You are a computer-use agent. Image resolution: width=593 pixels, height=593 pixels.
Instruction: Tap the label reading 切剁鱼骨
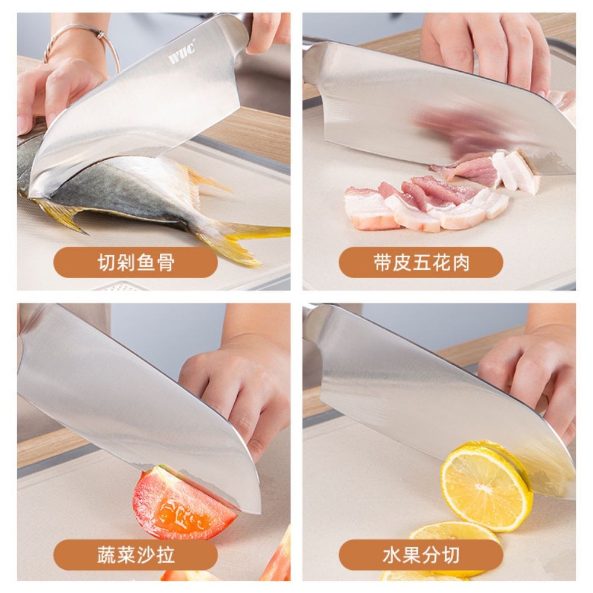click(136, 262)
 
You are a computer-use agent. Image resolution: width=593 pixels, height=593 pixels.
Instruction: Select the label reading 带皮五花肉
click(421, 262)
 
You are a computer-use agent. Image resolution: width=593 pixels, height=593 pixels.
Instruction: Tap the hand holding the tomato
click(237, 385)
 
